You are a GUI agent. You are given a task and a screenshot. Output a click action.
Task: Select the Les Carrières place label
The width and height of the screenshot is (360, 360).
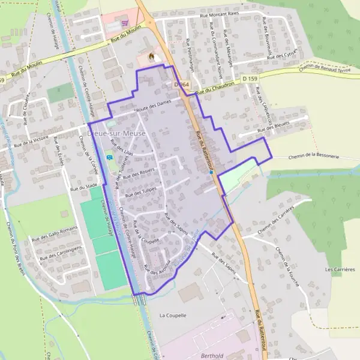coord(340,269)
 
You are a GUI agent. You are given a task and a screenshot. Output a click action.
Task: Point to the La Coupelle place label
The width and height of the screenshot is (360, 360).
coord(173,315)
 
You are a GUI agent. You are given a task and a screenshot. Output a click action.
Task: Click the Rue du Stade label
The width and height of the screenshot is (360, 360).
coord(83,187)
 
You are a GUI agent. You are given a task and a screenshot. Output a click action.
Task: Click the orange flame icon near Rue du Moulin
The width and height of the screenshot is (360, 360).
coord(151,57)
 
